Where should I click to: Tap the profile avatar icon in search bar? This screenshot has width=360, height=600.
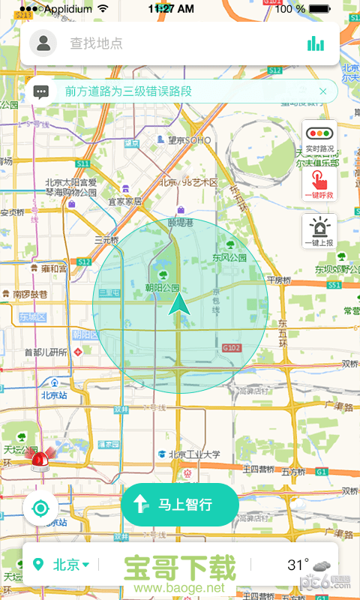point(45,43)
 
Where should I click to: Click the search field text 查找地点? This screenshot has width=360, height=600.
point(96,43)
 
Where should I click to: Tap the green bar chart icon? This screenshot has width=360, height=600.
point(316,43)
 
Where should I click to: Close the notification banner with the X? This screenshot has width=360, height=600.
point(322,91)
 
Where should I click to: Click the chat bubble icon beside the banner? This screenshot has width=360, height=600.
point(42,91)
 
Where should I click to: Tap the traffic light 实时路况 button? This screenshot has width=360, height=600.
point(319,139)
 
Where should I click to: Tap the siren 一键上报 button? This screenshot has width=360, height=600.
point(319,231)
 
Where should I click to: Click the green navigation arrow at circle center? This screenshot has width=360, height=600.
point(179,304)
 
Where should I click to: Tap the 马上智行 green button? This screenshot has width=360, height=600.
point(180,505)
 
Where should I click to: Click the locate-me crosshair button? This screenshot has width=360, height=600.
point(40,508)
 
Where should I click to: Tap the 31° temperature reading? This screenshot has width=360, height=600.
point(298,565)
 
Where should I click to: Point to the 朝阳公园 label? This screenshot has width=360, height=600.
point(163,288)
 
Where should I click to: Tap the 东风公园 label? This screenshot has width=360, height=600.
point(229,257)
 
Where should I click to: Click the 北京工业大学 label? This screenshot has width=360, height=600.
point(193,454)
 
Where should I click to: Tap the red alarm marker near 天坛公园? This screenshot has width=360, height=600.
point(39,459)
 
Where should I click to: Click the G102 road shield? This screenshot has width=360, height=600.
point(231,348)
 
